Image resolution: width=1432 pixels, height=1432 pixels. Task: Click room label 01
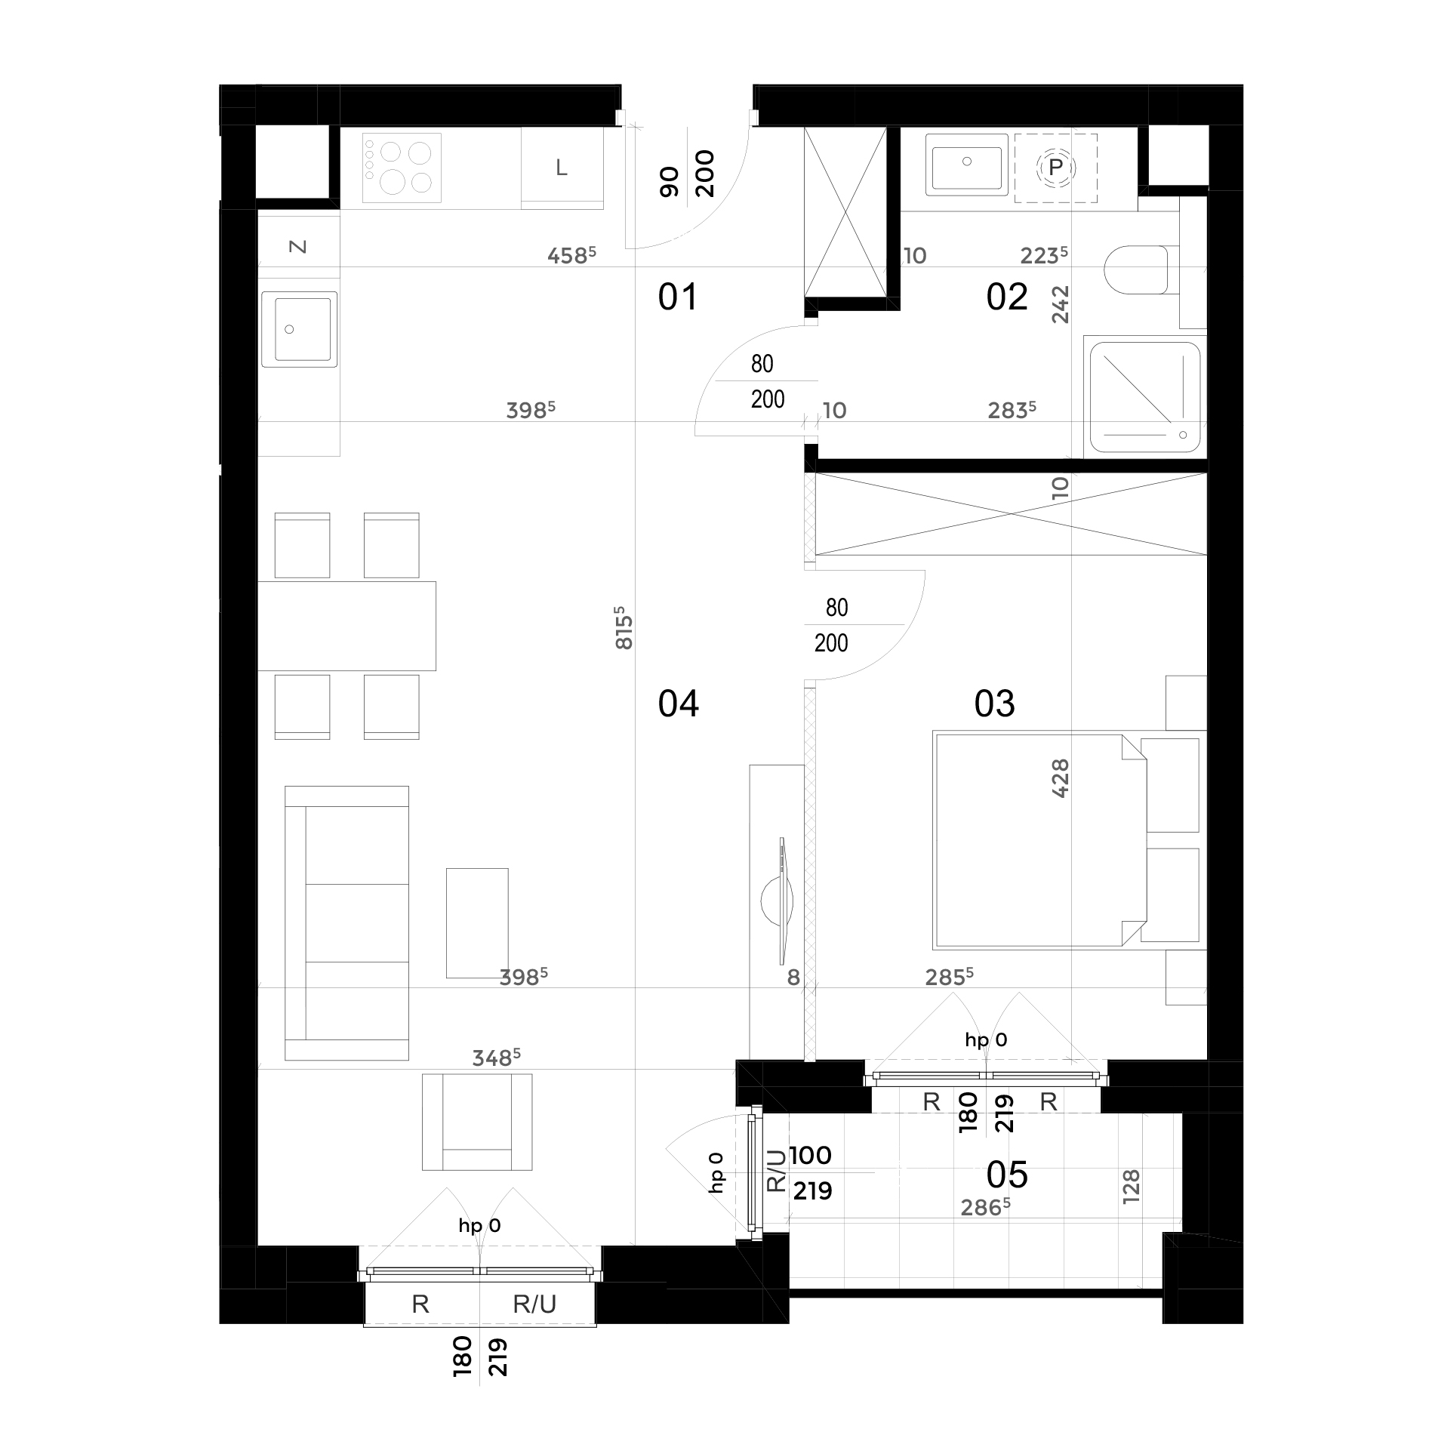(x=678, y=297)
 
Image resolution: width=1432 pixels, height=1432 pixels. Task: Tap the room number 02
(x=1007, y=297)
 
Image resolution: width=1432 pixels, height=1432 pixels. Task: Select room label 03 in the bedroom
(x=994, y=704)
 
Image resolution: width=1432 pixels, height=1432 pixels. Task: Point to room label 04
(x=678, y=704)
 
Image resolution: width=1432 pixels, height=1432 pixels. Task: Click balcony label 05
(x=1007, y=1175)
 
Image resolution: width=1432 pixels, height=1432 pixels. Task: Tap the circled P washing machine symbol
(x=1055, y=168)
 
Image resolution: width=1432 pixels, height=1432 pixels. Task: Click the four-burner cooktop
(x=402, y=168)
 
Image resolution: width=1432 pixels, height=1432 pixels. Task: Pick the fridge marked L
(x=562, y=168)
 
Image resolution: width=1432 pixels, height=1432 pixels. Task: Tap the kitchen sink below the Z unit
(x=299, y=329)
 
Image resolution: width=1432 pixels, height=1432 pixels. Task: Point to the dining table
(x=347, y=626)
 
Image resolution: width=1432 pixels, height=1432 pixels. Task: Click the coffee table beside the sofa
(x=477, y=922)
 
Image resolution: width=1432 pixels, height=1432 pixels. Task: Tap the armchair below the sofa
(x=477, y=1122)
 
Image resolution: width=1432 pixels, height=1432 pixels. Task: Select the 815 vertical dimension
(x=624, y=627)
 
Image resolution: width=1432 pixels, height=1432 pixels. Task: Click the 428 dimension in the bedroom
(x=1061, y=778)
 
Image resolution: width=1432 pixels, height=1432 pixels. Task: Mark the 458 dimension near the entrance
(x=571, y=255)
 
